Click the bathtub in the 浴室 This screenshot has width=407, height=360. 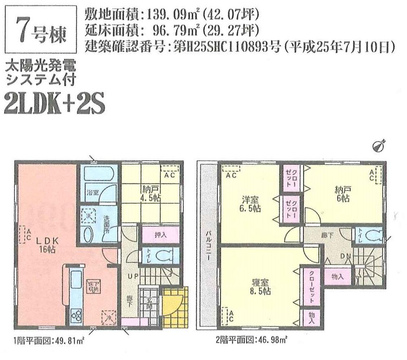click(x=98, y=176)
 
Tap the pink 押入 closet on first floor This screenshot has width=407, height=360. click(x=160, y=235)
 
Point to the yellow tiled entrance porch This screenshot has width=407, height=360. click(x=176, y=307)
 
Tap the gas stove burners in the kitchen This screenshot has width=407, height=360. click(x=77, y=315)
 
